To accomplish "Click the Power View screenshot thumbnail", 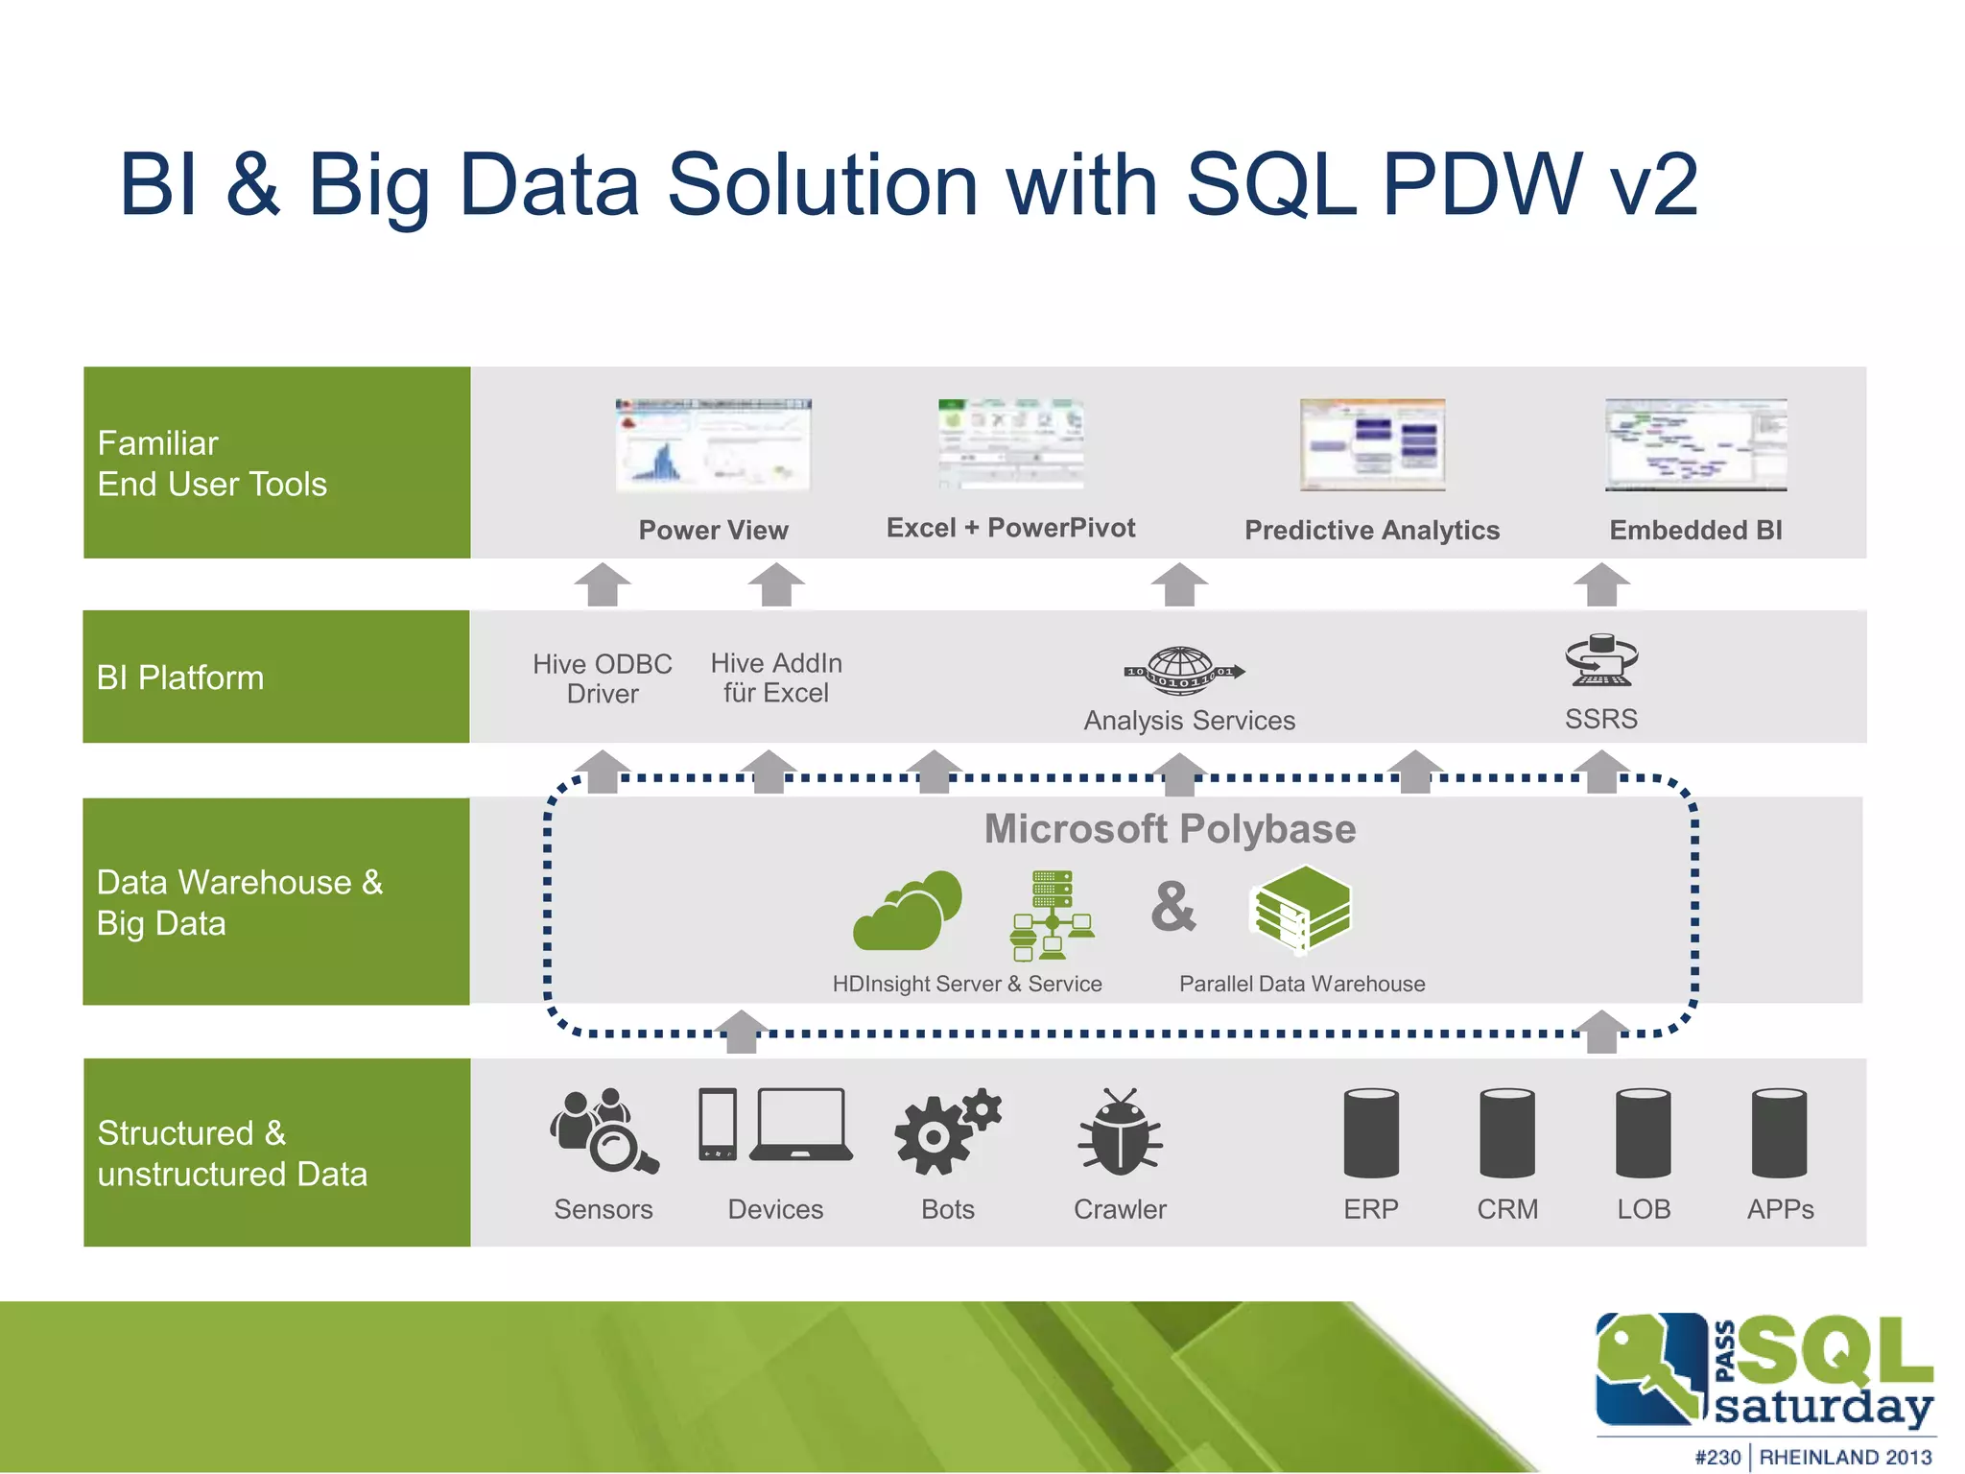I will (x=713, y=444).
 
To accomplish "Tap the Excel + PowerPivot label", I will (x=1010, y=528).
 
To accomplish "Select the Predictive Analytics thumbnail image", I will (x=1372, y=444).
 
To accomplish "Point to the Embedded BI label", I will (x=1695, y=530).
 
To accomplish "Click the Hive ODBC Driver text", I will (x=603, y=678).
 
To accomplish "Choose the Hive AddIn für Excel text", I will (x=776, y=678).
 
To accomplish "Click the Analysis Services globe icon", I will (x=1184, y=670).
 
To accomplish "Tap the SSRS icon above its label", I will (x=1601, y=660).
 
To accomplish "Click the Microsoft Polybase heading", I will (x=1170, y=829).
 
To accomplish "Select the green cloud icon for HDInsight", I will (x=907, y=911).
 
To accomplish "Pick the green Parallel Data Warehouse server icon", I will (x=1300, y=909).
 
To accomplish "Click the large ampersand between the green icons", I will (x=1173, y=907).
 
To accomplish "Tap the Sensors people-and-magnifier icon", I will (x=603, y=1130).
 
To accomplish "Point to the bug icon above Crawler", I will (x=1120, y=1131).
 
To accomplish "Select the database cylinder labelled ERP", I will (x=1371, y=1132).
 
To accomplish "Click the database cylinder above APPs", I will (x=1779, y=1132).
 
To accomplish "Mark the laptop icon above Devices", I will (x=801, y=1125).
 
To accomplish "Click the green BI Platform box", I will (x=276, y=677).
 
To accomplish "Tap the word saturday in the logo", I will (x=1823, y=1407).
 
